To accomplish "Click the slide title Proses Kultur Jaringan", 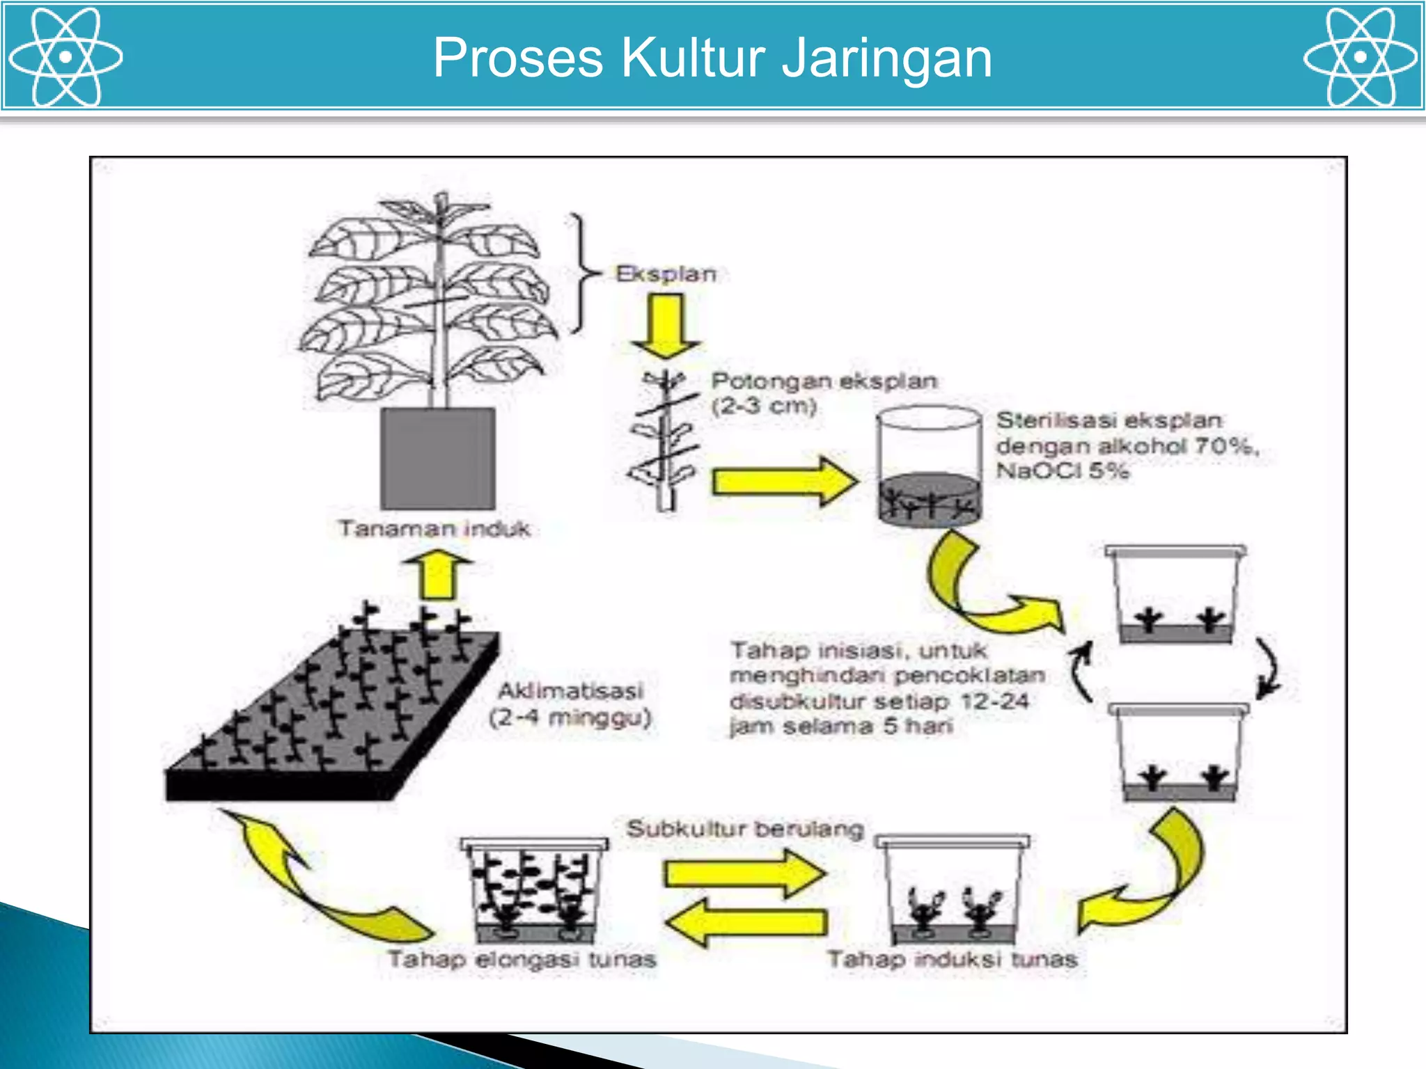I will tap(712, 57).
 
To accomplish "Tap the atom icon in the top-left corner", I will tap(65, 57).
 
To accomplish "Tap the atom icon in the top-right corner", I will tap(1360, 57).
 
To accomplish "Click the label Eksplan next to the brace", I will tap(666, 274).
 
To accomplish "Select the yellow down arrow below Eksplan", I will tap(666, 324).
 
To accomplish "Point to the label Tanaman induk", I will tap(434, 529).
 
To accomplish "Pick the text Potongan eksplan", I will tap(824, 381).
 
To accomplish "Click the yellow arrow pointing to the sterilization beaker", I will tap(783, 481).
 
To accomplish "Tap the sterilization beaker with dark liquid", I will tap(929, 466).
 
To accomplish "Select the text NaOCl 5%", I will tap(1062, 471).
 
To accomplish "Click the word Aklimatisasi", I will tap(570, 690).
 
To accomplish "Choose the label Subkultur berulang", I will tap(744, 829).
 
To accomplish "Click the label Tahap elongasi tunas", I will tap(522, 959).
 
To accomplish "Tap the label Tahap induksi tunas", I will tap(952, 959).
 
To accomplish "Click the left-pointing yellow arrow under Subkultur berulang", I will tap(745, 922).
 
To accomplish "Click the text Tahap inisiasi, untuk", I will tap(858, 651).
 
